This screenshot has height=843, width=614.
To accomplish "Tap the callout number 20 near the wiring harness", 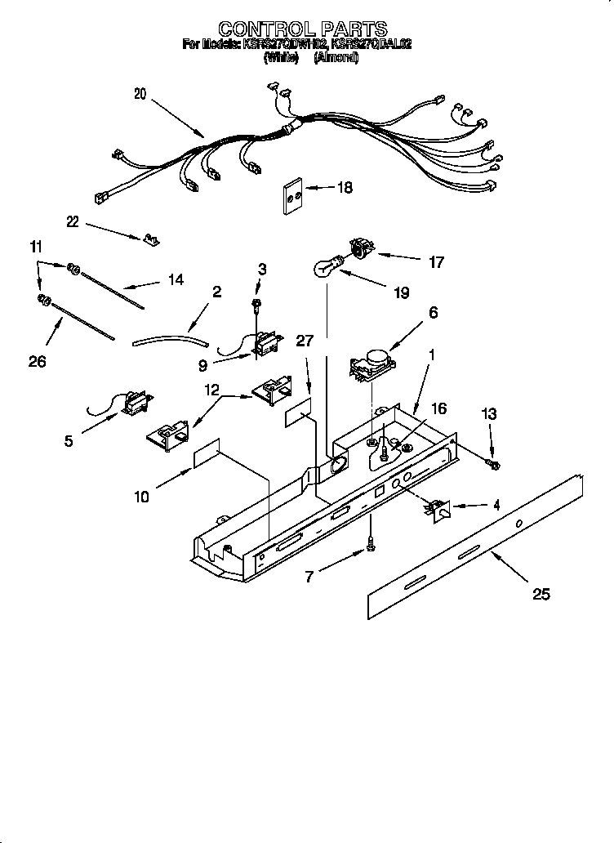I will [140, 94].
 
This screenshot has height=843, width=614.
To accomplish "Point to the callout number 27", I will [304, 341].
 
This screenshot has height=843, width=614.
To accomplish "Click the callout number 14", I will [175, 279].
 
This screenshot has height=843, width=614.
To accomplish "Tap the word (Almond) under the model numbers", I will [336, 58].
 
